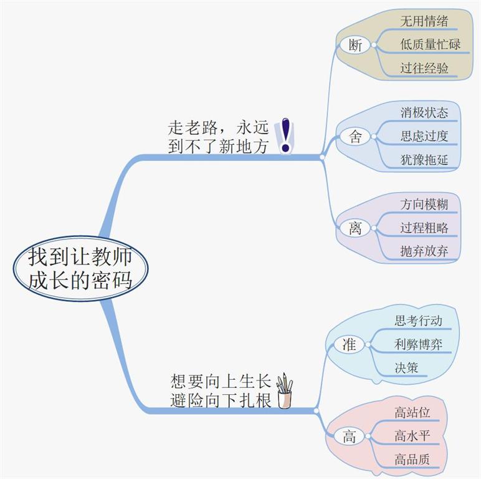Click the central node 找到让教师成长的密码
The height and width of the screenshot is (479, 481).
pyautogui.click(x=80, y=269)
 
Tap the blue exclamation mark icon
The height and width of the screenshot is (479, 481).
pyautogui.click(x=285, y=135)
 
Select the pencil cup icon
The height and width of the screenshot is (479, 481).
pyautogui.click(x=284, y=391)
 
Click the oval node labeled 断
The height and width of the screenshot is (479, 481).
pyautogui.click(x=355, y=45)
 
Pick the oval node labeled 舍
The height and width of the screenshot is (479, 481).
pyautogui.click(x=355, y=137)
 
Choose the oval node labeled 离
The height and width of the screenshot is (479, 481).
pyautogui.click(x=355, y=228)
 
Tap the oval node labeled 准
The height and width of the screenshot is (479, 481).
pyautogui.click(x=349, y=344)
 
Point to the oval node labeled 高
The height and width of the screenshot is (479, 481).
pyautogui.click(x=349, y=437)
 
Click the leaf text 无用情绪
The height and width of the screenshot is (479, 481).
pyautogui.click(x=424, y=21)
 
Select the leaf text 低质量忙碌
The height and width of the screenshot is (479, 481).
pyautogui.click(x=430, y=44)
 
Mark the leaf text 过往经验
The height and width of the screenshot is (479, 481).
pyautogui.click(x=424, y=68)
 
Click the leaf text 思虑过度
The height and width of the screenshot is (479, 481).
pyautogui.click(x=424, y=136)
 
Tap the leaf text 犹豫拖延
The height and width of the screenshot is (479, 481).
pyautogui.click(x=424, y=160)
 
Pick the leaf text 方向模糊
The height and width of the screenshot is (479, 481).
pyautogui.click(x=424, y=204)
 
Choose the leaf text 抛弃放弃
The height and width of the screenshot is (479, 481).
pyautogui.click(x=424, y=251)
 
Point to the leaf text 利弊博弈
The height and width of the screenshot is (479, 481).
pyautogui.click(x=418, y=344)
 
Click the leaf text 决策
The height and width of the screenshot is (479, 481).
pyautogui.click(x=406, y=367)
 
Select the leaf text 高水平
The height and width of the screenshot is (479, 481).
pyautogui.click(x=412, y=436)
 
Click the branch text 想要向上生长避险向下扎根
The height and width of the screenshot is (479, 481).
pyautogui.click(x=221, y=391)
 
